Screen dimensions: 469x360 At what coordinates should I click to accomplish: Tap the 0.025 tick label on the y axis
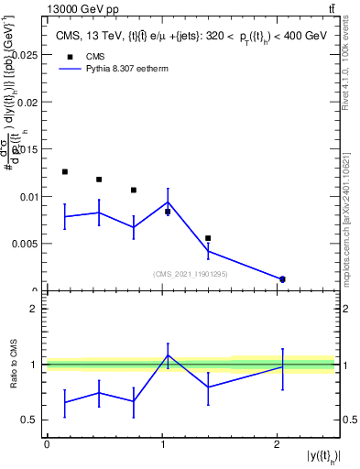pyautogui.click(x=27, y=56)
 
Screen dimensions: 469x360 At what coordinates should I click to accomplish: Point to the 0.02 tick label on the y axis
pyautogui.click(x=29, y=103)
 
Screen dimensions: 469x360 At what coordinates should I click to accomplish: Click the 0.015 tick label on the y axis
pyautogui.click(x=27, y=149)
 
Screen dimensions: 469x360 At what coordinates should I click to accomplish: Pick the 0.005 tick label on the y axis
pyautogui.click(x=27, y=244)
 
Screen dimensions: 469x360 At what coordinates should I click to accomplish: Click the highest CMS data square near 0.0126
pyautogui.click(x=64, y=171)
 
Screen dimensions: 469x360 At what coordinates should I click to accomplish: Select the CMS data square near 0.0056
pyautogui.click(x=208, y=238)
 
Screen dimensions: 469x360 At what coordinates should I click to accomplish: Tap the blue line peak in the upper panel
pyautogui.click(x=168, y=202)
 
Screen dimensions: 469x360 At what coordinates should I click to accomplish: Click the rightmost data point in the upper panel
pyautogui.click(x=282, y=278)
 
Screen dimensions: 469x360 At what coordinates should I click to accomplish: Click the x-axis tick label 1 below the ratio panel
pyautogui.click(x=162, y=444)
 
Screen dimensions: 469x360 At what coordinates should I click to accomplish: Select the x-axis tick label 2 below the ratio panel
pyautogui.click(x=277, y=444)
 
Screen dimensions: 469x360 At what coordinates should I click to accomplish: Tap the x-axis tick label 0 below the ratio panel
pyautogui.click(x=47, y=444)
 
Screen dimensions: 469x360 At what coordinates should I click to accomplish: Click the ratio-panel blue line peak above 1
pyautogui.click(x=168, y=354)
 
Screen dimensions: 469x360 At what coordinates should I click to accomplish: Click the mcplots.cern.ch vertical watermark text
pyautogui.click(x=350, y=215)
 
